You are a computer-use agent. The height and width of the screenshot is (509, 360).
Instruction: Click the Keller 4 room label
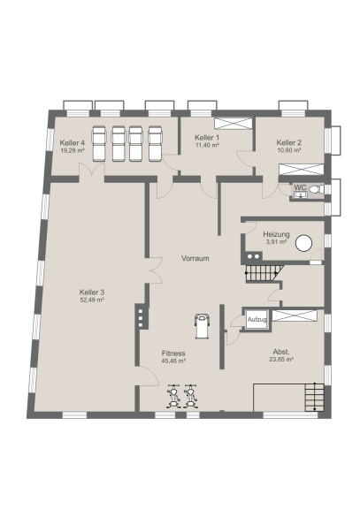73,143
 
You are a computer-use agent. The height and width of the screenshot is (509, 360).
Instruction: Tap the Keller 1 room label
207,137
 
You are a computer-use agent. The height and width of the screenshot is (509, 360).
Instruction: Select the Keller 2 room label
289,142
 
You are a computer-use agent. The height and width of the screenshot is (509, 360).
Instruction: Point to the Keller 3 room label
92,292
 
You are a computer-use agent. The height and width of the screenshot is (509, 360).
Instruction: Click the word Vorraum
195,258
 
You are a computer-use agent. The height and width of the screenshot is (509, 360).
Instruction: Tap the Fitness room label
173,353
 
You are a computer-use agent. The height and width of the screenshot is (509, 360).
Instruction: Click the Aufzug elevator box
257,319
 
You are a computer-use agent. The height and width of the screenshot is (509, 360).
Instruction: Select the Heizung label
276,234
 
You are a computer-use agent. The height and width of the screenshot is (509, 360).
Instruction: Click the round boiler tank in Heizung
303,243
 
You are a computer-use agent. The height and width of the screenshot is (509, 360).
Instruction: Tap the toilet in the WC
317,188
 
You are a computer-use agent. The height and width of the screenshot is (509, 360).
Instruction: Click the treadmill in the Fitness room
202,326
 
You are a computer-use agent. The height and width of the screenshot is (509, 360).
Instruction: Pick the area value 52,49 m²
92,300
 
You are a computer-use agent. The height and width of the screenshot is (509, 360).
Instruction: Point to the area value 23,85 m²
281,360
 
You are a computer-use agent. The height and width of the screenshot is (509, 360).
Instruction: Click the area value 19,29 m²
73,150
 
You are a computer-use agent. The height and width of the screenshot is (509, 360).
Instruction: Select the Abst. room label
281,352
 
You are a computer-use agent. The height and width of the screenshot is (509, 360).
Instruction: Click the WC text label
300,187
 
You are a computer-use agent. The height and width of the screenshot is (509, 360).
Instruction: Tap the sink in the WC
300,194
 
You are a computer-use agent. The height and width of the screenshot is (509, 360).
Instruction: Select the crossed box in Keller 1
233,124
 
